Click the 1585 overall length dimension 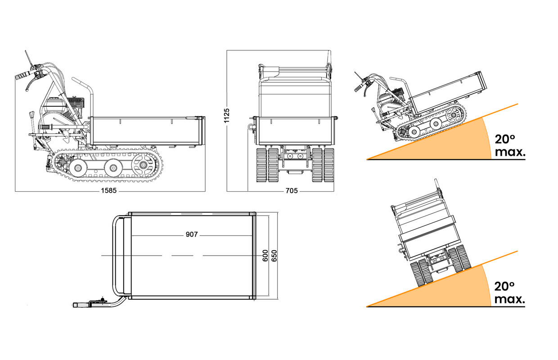109,191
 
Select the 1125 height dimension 226,116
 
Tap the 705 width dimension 292,191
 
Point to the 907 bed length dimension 192,234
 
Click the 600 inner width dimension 265,256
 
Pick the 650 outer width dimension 274,256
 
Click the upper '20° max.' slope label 510,145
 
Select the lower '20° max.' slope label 509,292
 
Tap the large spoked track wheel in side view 143,165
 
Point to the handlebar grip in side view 22,76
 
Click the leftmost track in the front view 261,165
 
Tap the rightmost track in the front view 329,165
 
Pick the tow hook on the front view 251,126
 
